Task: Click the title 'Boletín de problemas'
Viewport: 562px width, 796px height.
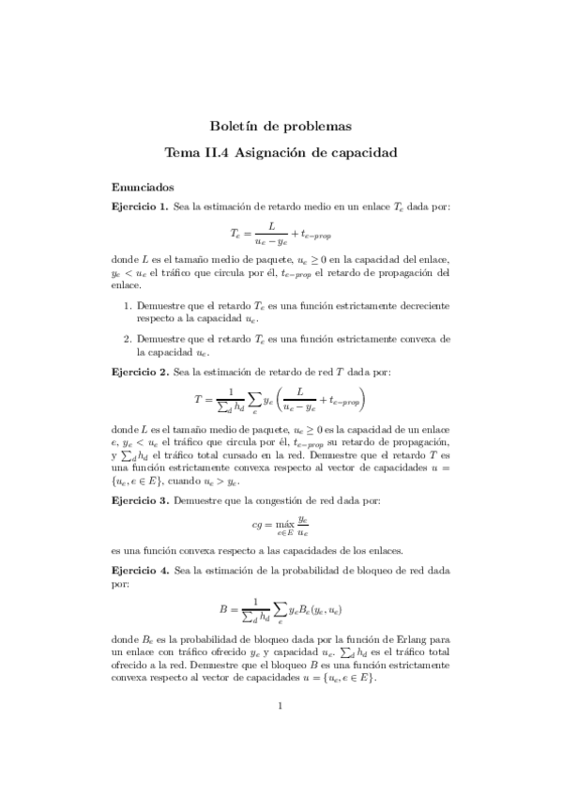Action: click(x=281, y=125)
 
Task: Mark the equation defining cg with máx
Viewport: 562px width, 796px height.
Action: click(x=281, y=526)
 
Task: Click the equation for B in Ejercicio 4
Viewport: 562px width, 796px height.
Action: click(x=281, y=610)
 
